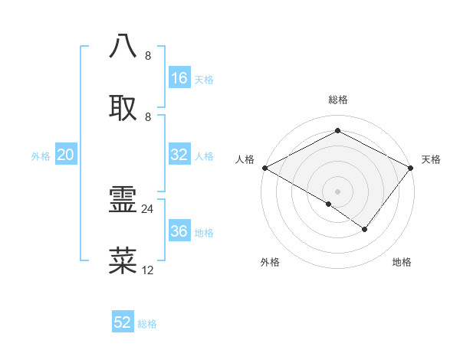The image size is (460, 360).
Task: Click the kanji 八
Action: (123, 46)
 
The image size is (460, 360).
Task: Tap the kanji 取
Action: (123, 107)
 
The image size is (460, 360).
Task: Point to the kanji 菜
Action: (123, 260)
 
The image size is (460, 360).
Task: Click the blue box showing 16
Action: (179, 78)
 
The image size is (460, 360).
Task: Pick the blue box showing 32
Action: (179, 155)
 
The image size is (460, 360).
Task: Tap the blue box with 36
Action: (179, 231)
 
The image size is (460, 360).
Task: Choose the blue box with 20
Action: (66, 155)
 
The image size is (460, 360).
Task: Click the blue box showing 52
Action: (123, 322)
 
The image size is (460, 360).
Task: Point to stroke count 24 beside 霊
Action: (148, 208)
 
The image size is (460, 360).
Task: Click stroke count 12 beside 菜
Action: (148, 270)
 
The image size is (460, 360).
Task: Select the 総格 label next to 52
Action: (147, 324)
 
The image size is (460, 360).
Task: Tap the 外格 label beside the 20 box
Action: (41, 156)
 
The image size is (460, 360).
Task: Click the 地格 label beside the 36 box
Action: (204, 233)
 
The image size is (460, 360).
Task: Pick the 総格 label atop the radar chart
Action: (338, 100)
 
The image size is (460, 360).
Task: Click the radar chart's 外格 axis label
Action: (270, 262)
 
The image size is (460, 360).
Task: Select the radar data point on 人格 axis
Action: (264, 167)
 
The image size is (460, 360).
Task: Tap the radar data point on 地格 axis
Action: (365, 229)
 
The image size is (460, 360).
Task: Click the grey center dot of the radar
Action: (338, 191)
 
